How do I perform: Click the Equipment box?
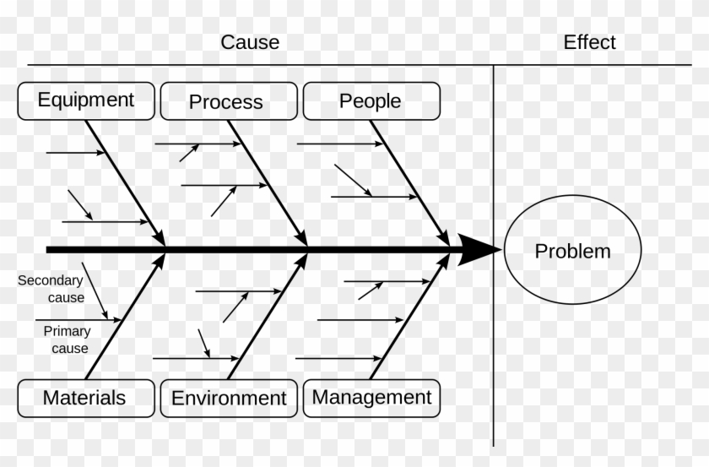pyautogui.click(x=86, y=100)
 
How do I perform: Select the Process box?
pyautogui.click(x=226, y=101)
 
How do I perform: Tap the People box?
pyautogui.click(x=371, y=101)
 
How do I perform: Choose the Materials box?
pyautogui.click(x=85, y=398)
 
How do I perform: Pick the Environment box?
pyautogui.click(x=229, y=398)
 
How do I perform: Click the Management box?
pyautogui.click(x=371, y=397)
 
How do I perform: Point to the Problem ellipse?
pyautogui.click(x=572, y=250)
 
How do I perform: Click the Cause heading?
pyautogui.click(x=250, y=42)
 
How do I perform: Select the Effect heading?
pyautogui.click(x=589, y=42)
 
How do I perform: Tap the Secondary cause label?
pyautogui.click(x=51, y=289)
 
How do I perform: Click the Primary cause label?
pyautogui.click(x=67, y=339)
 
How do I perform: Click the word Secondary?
pyautogui.click(x=51, y=280)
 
